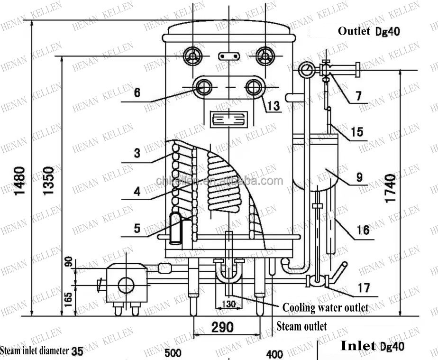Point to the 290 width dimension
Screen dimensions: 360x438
[x=222, y=327]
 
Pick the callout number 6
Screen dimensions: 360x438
[x=137, y=92]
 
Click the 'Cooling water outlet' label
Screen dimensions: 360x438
[x=325, y=307]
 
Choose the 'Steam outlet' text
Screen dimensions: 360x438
[x=301, y=326]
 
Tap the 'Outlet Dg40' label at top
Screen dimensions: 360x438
[x=369, y=31]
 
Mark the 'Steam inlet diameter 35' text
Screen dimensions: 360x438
[x=42, y=351]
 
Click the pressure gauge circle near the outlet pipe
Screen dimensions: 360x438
[x=306, y=70]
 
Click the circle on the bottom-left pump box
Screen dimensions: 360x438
[x=126, y=285]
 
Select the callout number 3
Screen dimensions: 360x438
[x=137, y=153]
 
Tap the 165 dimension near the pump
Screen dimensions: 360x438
[x=68, y=298]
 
